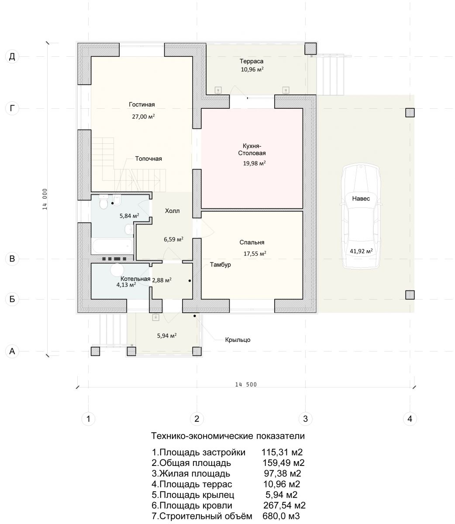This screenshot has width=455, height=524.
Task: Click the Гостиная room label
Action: [141, 104]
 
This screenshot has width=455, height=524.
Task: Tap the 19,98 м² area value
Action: [254, 163]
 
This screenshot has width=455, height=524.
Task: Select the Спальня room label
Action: [252, 242]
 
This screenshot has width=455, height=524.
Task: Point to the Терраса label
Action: [252, 61]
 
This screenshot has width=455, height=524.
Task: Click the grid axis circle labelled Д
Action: [12, 57]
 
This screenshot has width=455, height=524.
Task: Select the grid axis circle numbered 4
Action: [410, 419]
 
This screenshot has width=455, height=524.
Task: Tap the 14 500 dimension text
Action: [246, 384]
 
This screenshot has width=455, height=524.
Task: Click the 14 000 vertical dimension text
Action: [45, 199]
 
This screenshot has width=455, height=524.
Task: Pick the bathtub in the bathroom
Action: [112, 246]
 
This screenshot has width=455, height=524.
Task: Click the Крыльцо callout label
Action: [238, 340]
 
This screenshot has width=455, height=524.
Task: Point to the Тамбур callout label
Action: [220, 265]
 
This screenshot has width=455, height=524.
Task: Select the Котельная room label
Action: [135, 279]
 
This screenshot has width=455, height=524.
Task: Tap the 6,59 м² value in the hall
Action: [173, 239]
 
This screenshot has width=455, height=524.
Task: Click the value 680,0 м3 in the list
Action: [281, 516]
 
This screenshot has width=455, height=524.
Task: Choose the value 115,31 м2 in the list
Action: [282, 452]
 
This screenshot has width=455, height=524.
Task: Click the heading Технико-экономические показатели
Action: [228, 436]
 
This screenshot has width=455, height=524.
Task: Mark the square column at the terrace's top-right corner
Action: [310, 48]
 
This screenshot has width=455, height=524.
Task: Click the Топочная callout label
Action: [148, 159]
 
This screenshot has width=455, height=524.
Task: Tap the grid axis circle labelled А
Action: [12, 351]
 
